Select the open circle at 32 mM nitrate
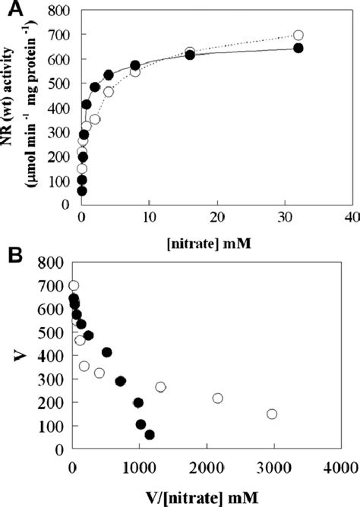(x=298, y=35)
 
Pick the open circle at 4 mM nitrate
(x=109, y=91)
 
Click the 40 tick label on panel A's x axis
(x=352, y=219)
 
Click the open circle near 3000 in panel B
(x=272, y=414)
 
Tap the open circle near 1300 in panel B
(x=161, y=387)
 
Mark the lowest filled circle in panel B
(x=150, y=435)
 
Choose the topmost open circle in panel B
(x=74, y=286)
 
